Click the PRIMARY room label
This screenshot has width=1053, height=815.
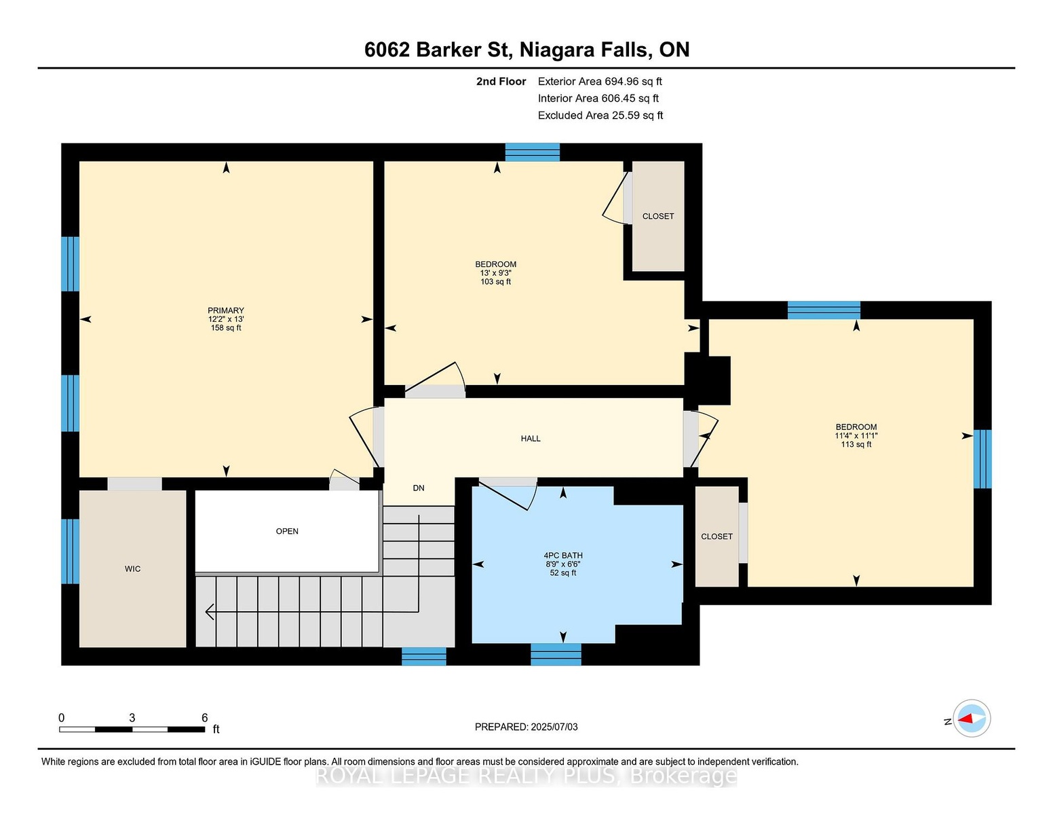coord(226,310)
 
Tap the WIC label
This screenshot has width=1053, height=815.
coord(132,568)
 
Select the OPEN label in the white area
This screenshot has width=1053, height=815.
coord(287,531)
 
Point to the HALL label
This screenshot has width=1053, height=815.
coord(531,438)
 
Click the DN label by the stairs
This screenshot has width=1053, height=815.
coord(419,488)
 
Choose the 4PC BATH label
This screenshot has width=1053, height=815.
coord(563,556)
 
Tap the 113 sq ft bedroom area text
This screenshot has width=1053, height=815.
coord(856,444)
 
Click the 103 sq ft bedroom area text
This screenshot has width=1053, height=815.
coord(496,282)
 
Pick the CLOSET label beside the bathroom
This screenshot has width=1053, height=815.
coord(716,537)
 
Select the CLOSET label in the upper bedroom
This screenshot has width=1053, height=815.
coord(658,216)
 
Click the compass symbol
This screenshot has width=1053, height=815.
coord(972,718)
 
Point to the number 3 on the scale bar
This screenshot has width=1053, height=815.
coord(132,718)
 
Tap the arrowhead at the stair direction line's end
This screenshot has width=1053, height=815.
coord(210,612)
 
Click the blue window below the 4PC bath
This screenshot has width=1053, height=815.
coord(556,655)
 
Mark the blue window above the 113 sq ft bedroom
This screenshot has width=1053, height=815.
coord(824,310)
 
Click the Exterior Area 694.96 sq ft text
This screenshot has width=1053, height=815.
coord(600,81)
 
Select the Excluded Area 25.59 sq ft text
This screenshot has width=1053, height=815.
coord(600,115)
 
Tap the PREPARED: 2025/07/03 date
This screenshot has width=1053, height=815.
coord(526,727)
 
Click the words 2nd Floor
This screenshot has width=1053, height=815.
coord(501,81)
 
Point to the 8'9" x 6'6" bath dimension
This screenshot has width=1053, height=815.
coord(563,564)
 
